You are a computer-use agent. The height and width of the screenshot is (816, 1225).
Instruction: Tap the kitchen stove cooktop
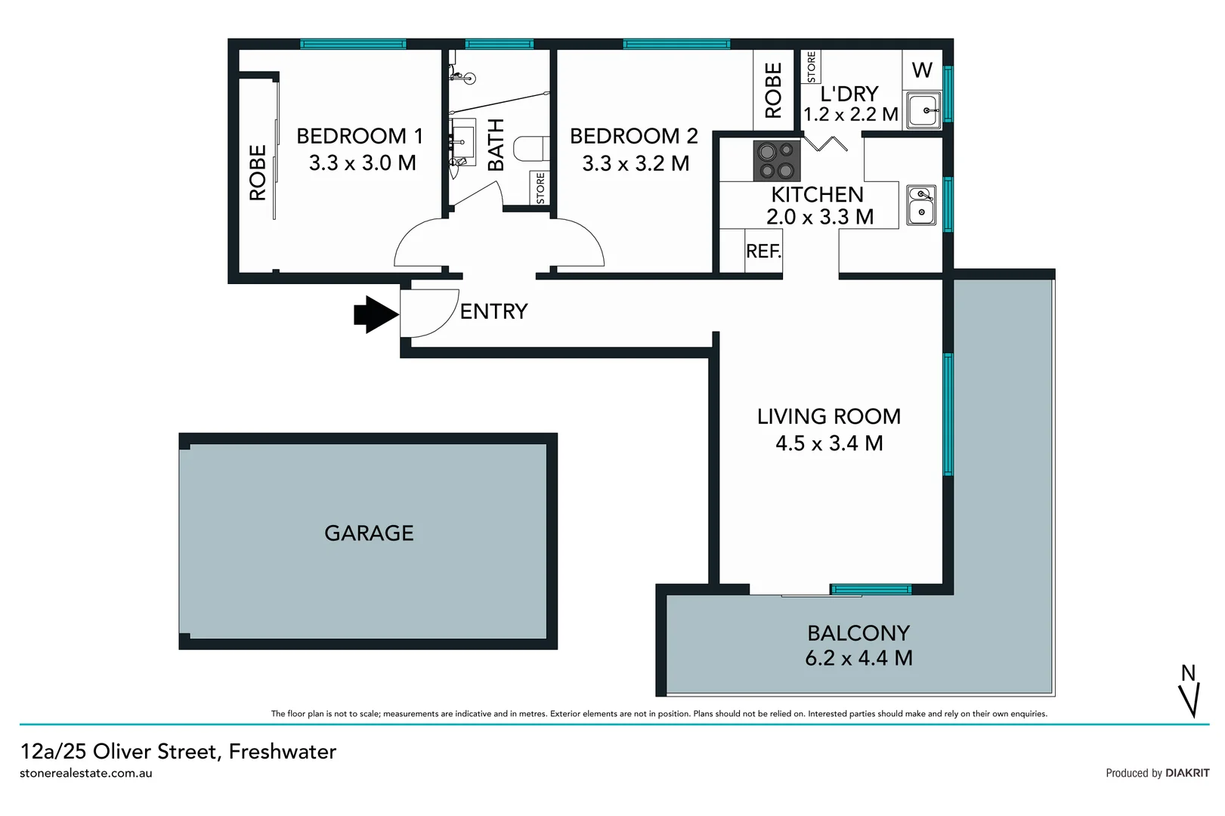[776, 161]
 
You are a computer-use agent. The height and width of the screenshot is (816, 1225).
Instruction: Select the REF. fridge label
[763, 252]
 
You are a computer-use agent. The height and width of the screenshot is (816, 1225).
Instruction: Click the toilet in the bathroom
[531, 149]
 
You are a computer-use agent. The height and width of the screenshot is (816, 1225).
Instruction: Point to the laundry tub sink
[923, 111]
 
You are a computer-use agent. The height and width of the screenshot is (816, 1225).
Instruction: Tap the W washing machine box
[922, 70]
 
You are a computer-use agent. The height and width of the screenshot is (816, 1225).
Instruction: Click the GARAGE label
[369, 533]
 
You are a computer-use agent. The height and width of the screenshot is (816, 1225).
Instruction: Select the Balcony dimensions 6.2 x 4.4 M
[858, 658]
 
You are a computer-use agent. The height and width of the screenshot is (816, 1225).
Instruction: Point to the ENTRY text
[493, 311]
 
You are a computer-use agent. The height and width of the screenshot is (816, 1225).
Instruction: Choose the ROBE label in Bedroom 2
[773, 91]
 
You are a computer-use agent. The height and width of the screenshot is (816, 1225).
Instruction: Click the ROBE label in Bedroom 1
[258, 172]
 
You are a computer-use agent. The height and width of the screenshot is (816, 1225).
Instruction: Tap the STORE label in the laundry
[812, 67]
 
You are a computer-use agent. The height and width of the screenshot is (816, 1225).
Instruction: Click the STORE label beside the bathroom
[540, 188]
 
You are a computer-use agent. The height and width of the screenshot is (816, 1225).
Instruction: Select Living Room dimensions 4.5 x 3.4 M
[829, 444]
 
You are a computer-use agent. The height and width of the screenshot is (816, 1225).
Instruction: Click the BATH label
[496, 144]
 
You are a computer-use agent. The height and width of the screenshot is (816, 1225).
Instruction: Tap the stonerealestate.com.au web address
[86, 774]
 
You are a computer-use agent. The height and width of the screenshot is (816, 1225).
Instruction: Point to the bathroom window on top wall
[499, 44]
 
